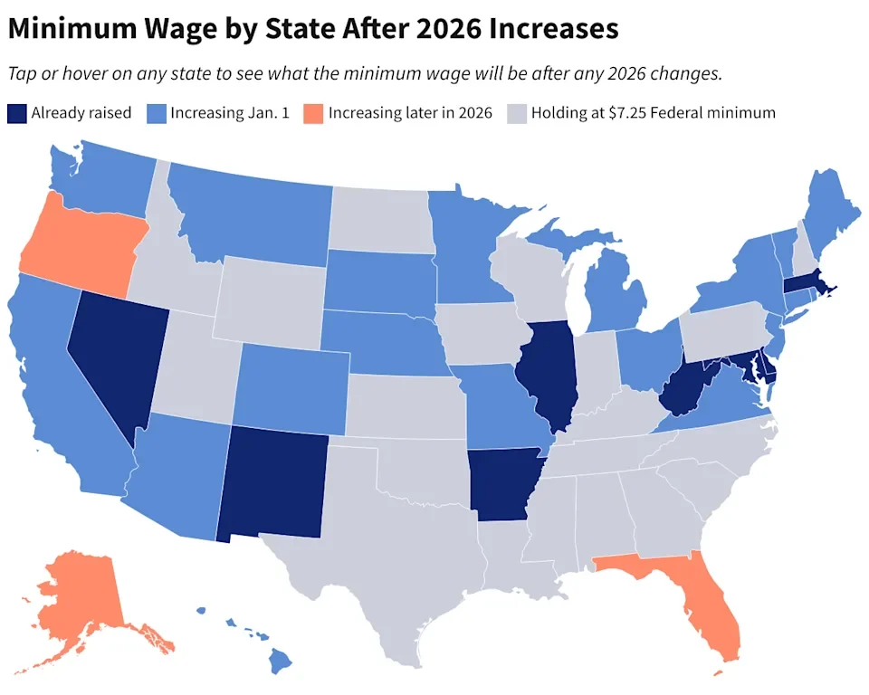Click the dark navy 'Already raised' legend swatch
pos(16,113)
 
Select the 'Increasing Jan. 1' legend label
pos(230,113)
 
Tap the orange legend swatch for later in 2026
pos(312,113)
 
